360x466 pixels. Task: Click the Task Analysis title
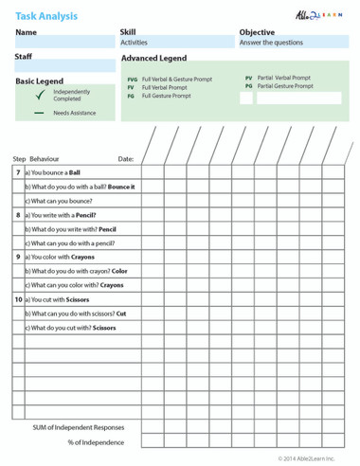click(46, 16)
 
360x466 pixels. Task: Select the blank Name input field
click(63, 43)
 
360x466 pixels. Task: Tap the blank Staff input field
click(63, 67)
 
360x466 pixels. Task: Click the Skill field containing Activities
click(176, 43)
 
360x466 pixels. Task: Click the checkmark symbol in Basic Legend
click(40, 96)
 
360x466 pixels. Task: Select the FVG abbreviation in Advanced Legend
click(132, 80)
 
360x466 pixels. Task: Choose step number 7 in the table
click(18, 172)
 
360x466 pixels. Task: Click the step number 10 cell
click(18, 298)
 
